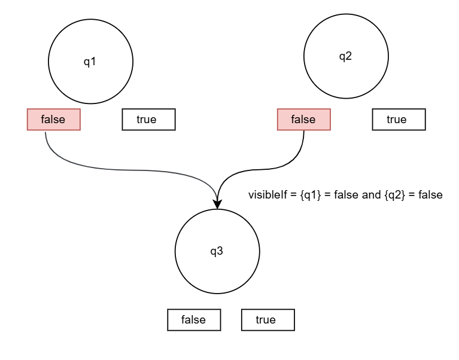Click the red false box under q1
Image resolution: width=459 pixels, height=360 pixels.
tap(53, 120)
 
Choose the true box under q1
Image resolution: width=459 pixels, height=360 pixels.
tap(148, 120)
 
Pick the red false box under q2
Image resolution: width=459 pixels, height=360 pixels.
tap(303, 120)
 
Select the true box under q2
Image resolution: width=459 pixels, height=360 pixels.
tap(399, 120)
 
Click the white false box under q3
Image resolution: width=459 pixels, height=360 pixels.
tap(194, 320)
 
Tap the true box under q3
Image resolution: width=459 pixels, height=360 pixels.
tap(268, 320)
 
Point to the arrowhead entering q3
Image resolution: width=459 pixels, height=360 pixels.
tap(217, 204)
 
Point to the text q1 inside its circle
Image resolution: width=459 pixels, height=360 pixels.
tap(90, 62)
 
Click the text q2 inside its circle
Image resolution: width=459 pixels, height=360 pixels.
tap(346, 57)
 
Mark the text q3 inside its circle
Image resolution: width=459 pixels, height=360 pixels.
tap(217, 251)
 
